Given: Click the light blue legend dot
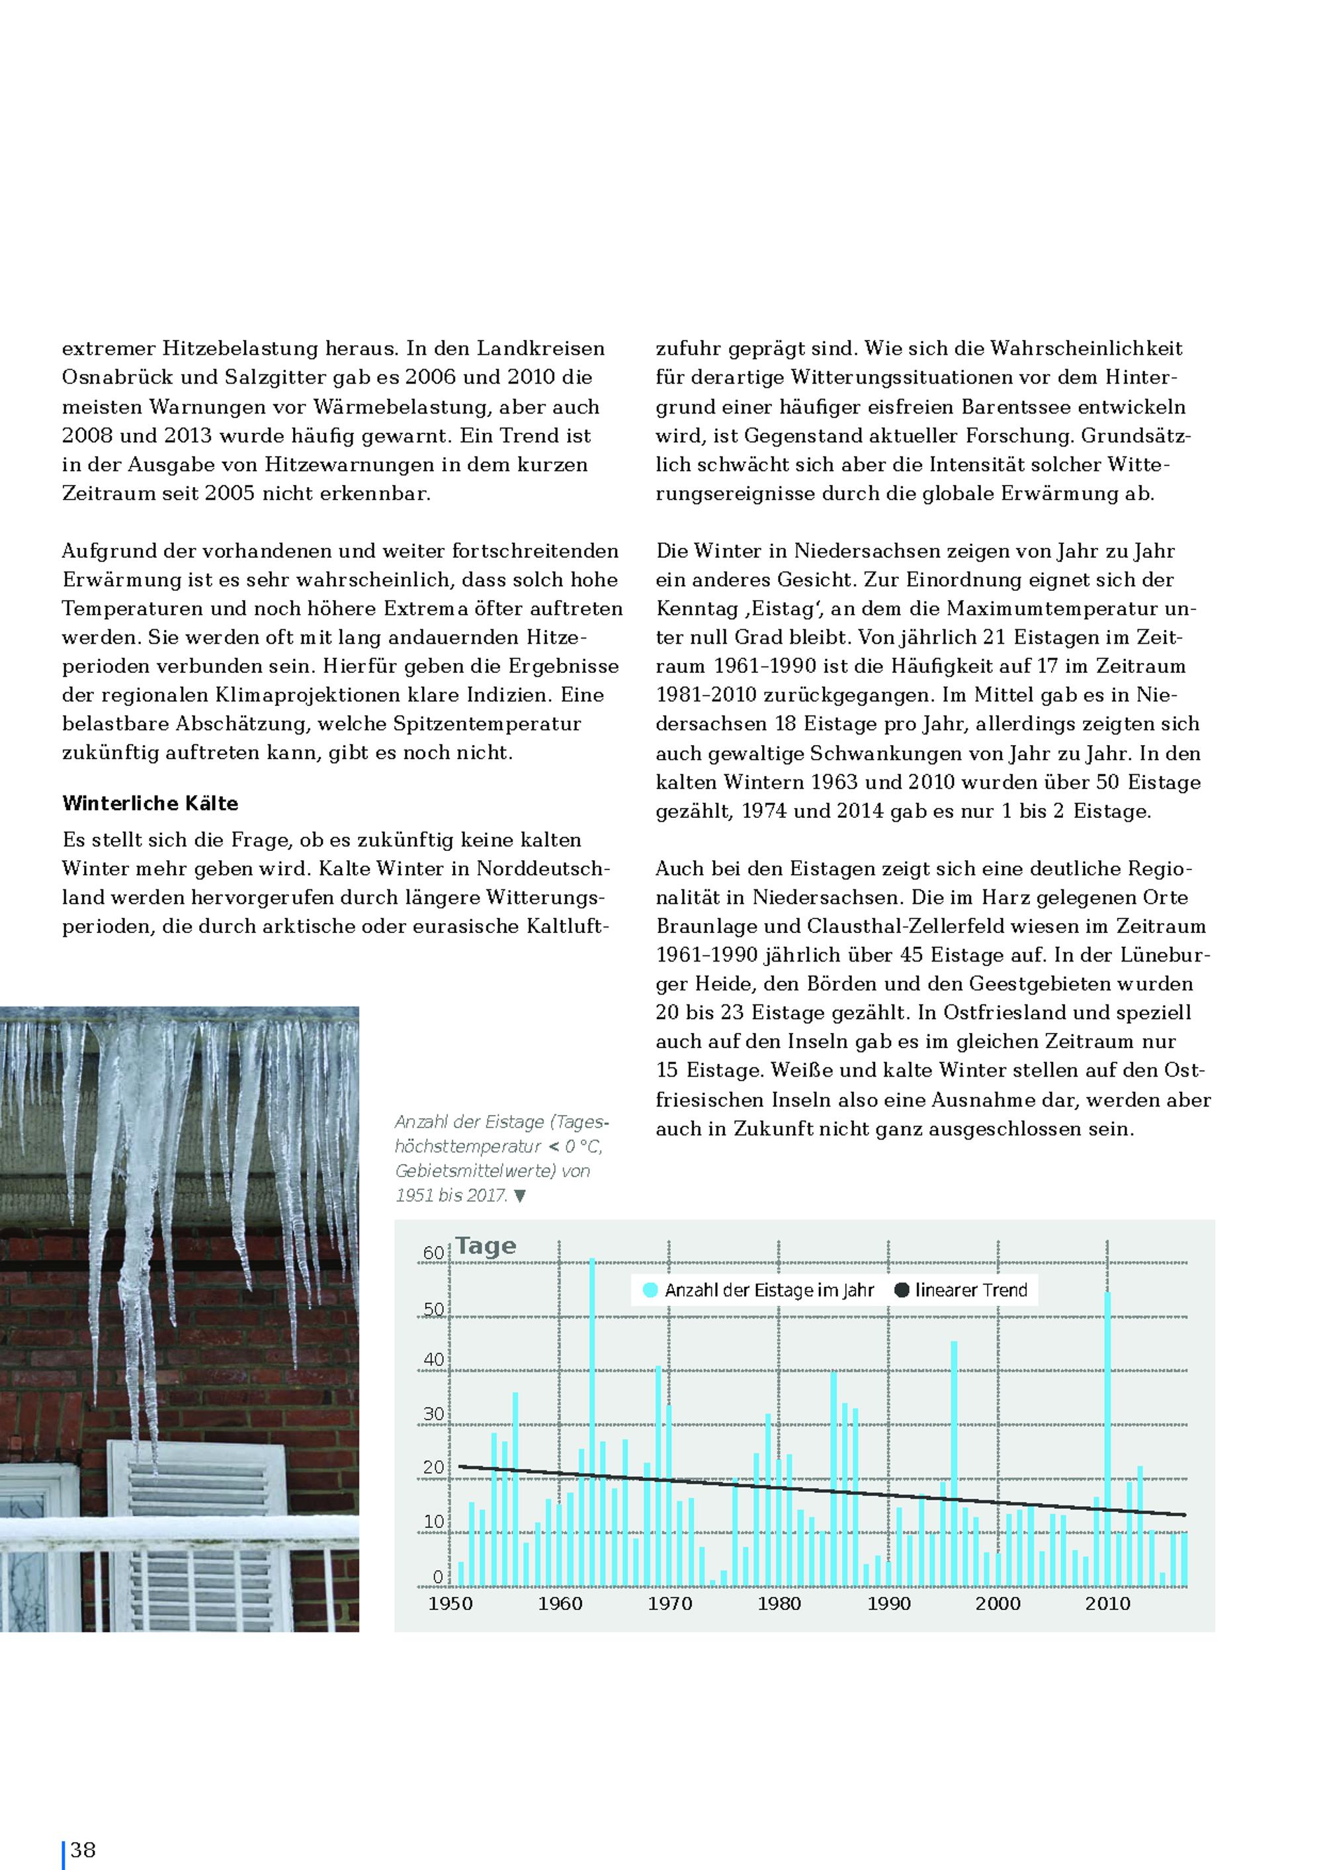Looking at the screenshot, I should tap(650, 1290).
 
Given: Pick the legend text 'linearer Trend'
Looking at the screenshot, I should tap(971, 1290).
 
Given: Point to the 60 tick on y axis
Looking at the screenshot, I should tap(433, 1253).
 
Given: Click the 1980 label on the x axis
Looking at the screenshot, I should tap(779, 1603).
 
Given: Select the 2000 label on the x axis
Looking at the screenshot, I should tap(998, 1603).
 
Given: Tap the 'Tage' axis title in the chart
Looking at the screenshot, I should tap(486, 1246).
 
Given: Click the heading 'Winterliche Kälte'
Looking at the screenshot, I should tap(150, 803).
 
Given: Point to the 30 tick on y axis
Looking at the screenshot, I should tap(433, 1413).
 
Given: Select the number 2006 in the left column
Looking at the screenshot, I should tap(429, 377).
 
